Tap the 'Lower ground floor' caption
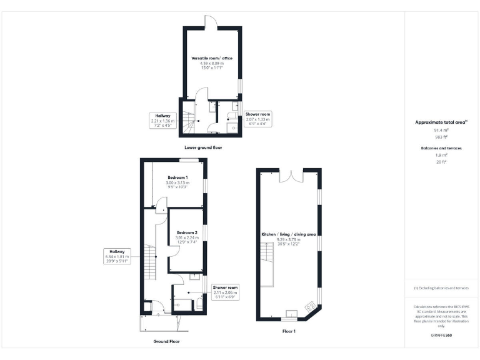click(x=203, y=147)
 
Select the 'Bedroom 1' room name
click(x=178, y=177)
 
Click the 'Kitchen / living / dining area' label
click(x=289, y=234)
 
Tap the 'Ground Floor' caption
click(x=166, y=342)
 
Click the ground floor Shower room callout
click(x=225, y=292)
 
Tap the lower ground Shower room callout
click(x=257, y=119)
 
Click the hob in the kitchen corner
click(x=309, y=307)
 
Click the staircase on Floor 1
click(x=267, y=262)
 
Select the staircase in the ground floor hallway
click(x=150, y=263)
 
